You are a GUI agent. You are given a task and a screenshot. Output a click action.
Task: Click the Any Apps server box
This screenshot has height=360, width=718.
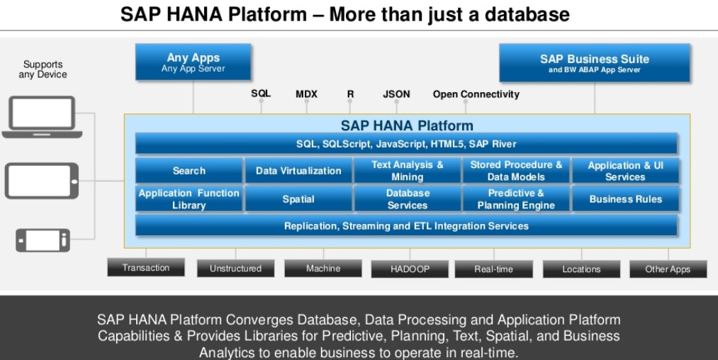click(x=193, y=62)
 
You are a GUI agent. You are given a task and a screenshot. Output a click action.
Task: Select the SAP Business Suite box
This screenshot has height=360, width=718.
click(x=594, y=62)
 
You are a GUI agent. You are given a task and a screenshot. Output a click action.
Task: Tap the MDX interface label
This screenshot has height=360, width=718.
click(x=306, y=94)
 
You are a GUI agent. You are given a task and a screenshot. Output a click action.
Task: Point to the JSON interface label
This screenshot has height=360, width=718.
click(x=396, y=94)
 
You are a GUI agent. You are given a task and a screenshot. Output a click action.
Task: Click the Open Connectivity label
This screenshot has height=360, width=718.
click(x=476, y=94)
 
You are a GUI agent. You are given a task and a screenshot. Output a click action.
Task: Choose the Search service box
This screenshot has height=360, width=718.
click(x=189, y=171)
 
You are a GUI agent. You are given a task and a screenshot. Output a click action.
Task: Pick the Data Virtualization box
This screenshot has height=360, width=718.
click(x=298, y=171)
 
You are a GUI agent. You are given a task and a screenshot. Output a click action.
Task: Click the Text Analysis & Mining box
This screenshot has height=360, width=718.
click(x=407, y=171)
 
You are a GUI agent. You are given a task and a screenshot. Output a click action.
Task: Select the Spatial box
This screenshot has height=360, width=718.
click(x=298, y=199)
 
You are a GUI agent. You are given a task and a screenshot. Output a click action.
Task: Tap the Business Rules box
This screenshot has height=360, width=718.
click(x=625, y=199)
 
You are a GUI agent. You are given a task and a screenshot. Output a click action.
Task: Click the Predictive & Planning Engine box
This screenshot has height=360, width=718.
click(x=516, y=199)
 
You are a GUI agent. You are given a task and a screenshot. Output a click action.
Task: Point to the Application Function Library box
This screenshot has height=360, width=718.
click(x=189, y=199)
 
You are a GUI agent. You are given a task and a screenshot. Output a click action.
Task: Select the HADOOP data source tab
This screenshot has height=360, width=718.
click(x=410, y=269)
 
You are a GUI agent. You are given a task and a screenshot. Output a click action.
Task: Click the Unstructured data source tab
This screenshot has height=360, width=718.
click(x=235, y=269)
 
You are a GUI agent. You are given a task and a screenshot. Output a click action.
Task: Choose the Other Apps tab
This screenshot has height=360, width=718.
click(x=668, y=269)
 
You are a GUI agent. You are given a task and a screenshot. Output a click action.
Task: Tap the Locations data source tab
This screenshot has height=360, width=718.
click(x=581, y=269)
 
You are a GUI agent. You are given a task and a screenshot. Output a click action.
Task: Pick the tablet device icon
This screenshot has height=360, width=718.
click(x=42, y=181)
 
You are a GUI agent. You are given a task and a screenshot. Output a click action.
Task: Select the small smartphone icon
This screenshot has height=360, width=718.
click(x=43, y=240)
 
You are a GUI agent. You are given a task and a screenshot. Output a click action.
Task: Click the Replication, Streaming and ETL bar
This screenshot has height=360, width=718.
click(x=406, y=226)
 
